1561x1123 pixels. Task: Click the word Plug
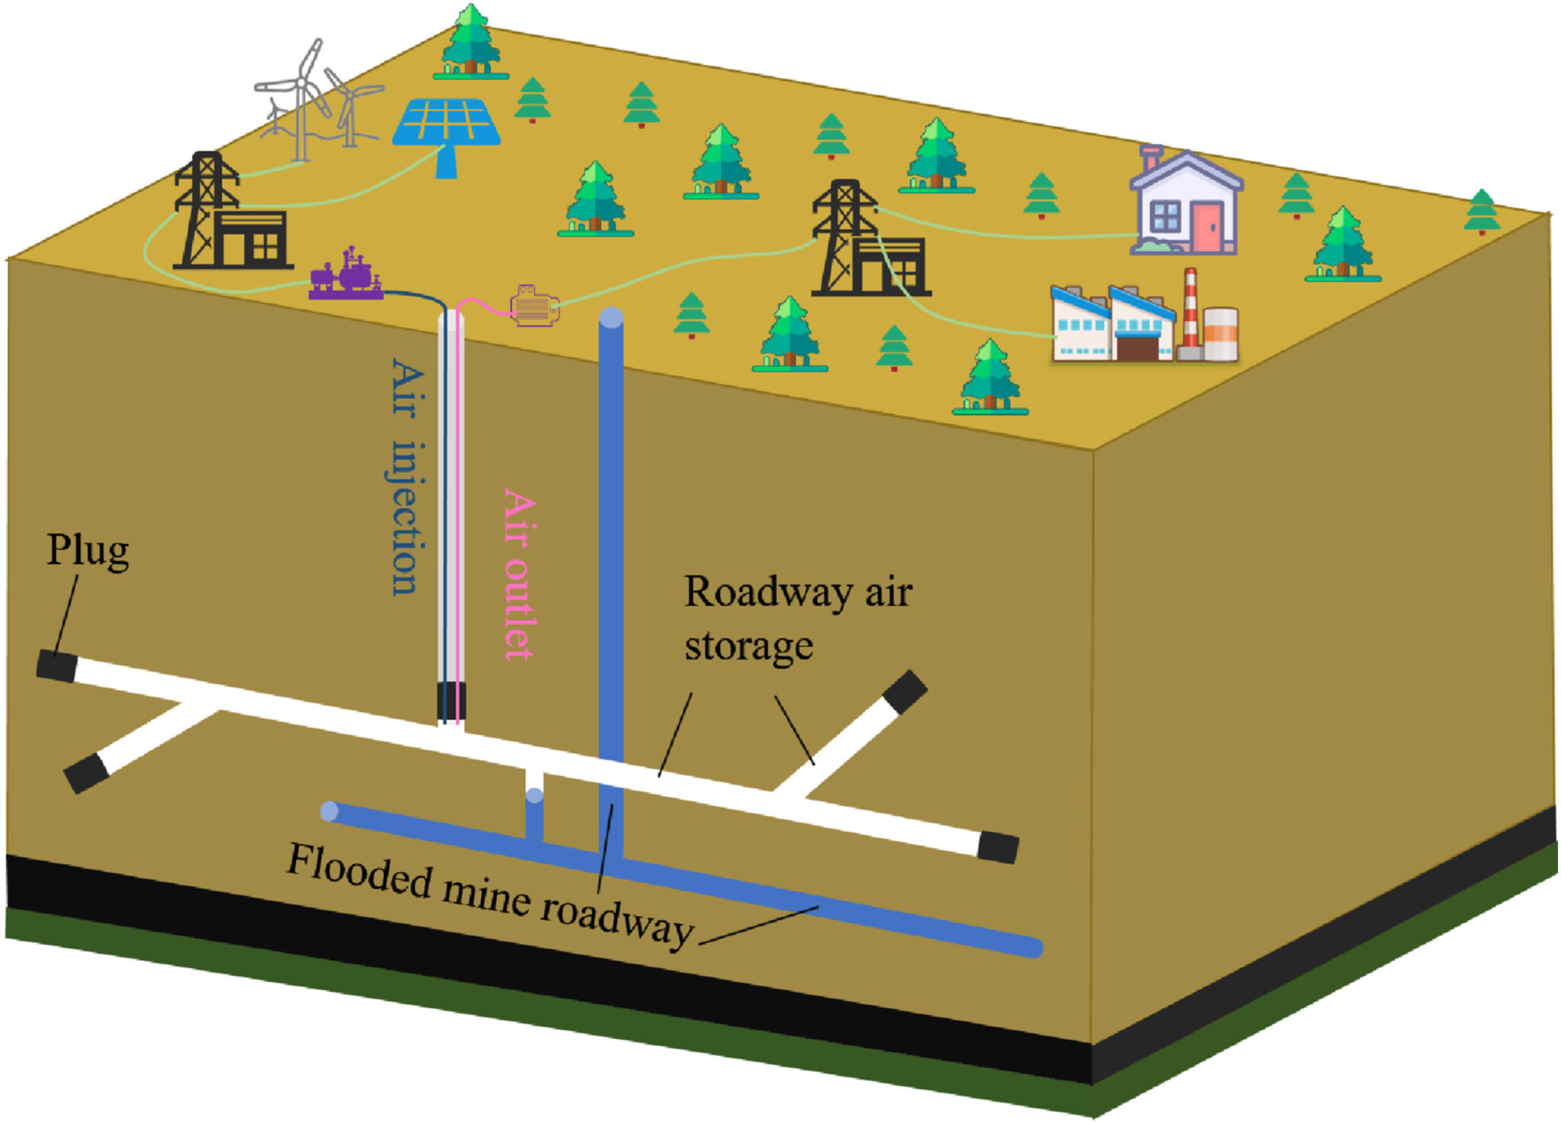(88, 550)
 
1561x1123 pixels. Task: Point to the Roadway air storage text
(797, 618)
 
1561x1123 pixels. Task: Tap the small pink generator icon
(534, 306)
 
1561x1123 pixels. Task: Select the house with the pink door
(1186, 203)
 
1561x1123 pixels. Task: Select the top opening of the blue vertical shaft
(611, 318)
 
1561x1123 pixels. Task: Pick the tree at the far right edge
(1482, 210)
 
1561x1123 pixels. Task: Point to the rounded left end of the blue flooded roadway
(329, 810)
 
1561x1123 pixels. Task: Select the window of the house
(1165, 216)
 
